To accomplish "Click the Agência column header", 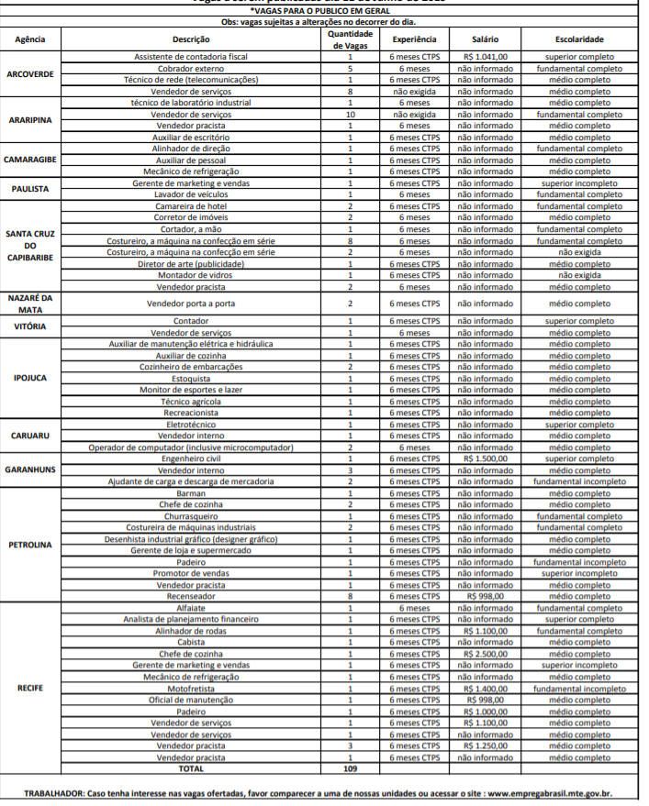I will click(30, 39).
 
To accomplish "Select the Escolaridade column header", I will click(579, 39).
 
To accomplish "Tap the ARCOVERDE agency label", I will click(30, 74).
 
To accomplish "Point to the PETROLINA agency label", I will click(30, 544).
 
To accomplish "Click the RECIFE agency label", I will click(30, 686).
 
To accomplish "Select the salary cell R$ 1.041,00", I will click(486, 57).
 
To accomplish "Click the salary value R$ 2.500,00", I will click(486, 654).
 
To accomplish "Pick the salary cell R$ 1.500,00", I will click(486, 458).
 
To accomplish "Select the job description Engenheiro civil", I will click(191, 458).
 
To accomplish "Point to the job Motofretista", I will click(191, 689).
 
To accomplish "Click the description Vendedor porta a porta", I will click(191, 304).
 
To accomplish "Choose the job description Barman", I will click(191, 492).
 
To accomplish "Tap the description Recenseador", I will click(191, 595).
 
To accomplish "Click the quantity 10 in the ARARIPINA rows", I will click(350, 115).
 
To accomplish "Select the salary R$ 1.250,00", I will click(486, 746).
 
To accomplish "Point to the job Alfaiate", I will click(191, 607).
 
